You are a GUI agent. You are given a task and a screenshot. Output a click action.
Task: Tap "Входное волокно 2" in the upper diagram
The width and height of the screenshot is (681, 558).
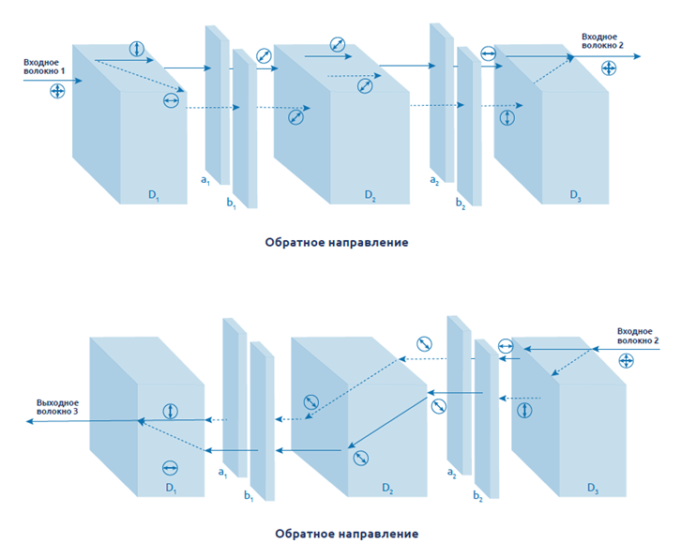[602, 39]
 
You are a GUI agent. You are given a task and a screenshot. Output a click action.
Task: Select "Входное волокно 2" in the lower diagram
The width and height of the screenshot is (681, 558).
[637, 334]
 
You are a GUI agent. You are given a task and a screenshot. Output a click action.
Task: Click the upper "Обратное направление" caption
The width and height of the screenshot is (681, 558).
[336, 242]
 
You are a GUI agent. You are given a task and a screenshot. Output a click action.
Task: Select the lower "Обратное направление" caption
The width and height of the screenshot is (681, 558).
[347, 534]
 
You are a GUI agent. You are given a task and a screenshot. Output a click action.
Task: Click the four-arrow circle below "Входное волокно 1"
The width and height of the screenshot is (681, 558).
[58, 91]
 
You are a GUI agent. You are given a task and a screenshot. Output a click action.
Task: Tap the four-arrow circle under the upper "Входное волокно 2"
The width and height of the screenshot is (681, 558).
[609, 68]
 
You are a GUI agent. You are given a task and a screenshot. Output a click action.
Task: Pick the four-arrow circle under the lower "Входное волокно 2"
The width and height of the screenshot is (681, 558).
[626, 362]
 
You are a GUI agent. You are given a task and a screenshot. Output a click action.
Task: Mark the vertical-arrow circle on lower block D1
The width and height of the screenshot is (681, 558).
[170, 411]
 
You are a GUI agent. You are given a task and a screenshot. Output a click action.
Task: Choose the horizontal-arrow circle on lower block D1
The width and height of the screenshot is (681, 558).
[170, 467]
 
